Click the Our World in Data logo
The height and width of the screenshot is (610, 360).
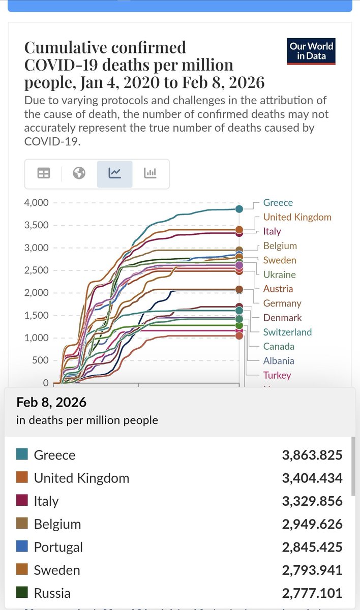point(311,51)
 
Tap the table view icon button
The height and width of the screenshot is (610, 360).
point(44,173)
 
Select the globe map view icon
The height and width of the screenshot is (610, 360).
point(79,173)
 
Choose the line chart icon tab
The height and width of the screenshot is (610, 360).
point(114,173)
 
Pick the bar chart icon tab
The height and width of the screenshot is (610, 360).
point(150,173)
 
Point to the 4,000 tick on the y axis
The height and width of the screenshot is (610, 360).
point(37,203)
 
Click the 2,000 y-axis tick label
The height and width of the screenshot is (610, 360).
point(37,293)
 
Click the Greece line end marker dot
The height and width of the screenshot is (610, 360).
point(239,208)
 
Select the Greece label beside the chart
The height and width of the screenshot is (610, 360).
point(278,203)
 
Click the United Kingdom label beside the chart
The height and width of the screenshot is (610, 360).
point(297,217)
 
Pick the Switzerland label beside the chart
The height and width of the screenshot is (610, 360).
point(287,332)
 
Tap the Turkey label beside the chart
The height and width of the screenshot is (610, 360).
point(277,375)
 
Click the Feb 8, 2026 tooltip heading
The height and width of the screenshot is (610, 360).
point(51,403)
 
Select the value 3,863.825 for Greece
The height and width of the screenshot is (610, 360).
point(312,455)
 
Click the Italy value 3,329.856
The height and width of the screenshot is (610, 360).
point(312,501)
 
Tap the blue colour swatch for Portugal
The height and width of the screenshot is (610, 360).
point(22,547)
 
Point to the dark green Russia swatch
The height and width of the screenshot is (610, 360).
point(22,593)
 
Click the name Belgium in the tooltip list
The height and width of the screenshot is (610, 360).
point(57,524)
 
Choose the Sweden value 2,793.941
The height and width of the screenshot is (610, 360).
point(312,570)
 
